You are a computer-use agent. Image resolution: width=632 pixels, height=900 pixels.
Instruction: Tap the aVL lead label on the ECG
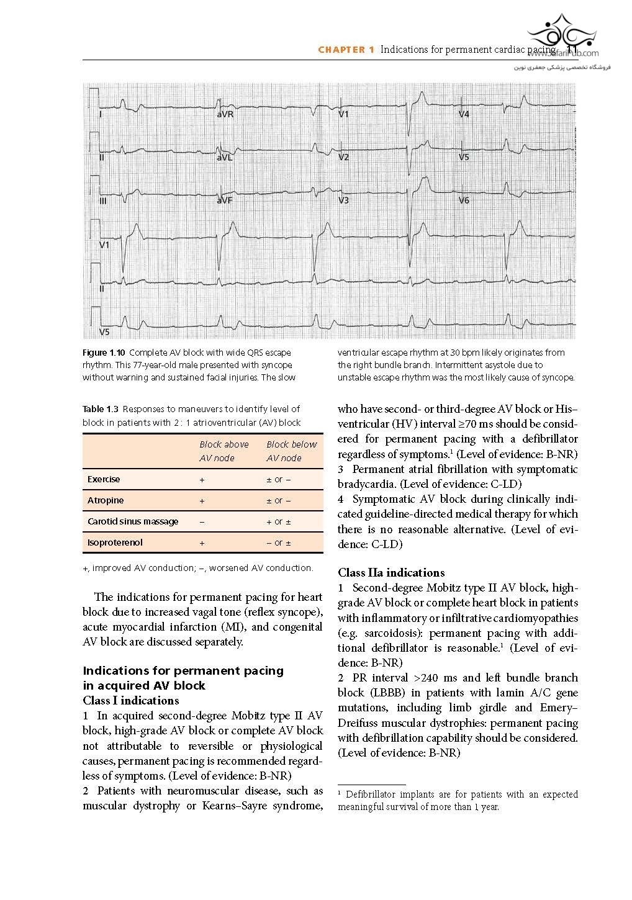[224, 158]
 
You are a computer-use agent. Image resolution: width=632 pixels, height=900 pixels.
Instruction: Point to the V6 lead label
[464, 200]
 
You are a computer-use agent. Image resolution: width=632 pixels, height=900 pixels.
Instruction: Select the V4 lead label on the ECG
[464, 115]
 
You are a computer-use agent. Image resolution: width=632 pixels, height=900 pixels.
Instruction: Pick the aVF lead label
[224, 200]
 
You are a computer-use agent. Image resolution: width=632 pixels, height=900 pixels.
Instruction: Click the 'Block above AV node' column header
[224, 451]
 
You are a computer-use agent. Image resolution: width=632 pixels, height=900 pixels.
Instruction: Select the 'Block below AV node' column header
[291, 451]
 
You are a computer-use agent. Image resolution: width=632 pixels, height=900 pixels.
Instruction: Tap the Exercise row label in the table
[104, 479]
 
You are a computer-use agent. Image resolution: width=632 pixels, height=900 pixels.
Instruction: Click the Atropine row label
[106, 500]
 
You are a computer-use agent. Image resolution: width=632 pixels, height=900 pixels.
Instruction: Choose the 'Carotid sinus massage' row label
[133, 521]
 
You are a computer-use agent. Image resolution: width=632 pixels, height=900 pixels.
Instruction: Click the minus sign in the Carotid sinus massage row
[202, 522]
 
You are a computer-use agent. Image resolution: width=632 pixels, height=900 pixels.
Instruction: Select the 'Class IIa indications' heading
[391, 572]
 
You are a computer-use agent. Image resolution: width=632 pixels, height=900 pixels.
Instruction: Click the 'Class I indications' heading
[130, 701]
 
